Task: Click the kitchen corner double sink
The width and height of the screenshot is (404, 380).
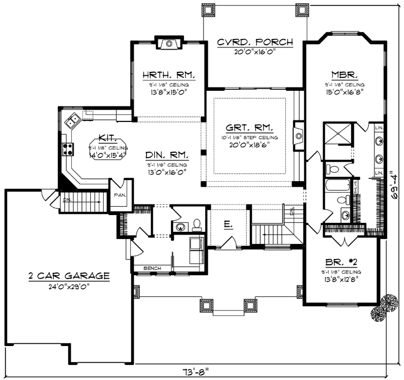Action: (x=72, y=119)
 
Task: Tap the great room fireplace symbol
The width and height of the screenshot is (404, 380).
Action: (x=299, y=135)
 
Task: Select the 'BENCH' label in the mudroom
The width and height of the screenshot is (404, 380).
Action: (x=152, y=269)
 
